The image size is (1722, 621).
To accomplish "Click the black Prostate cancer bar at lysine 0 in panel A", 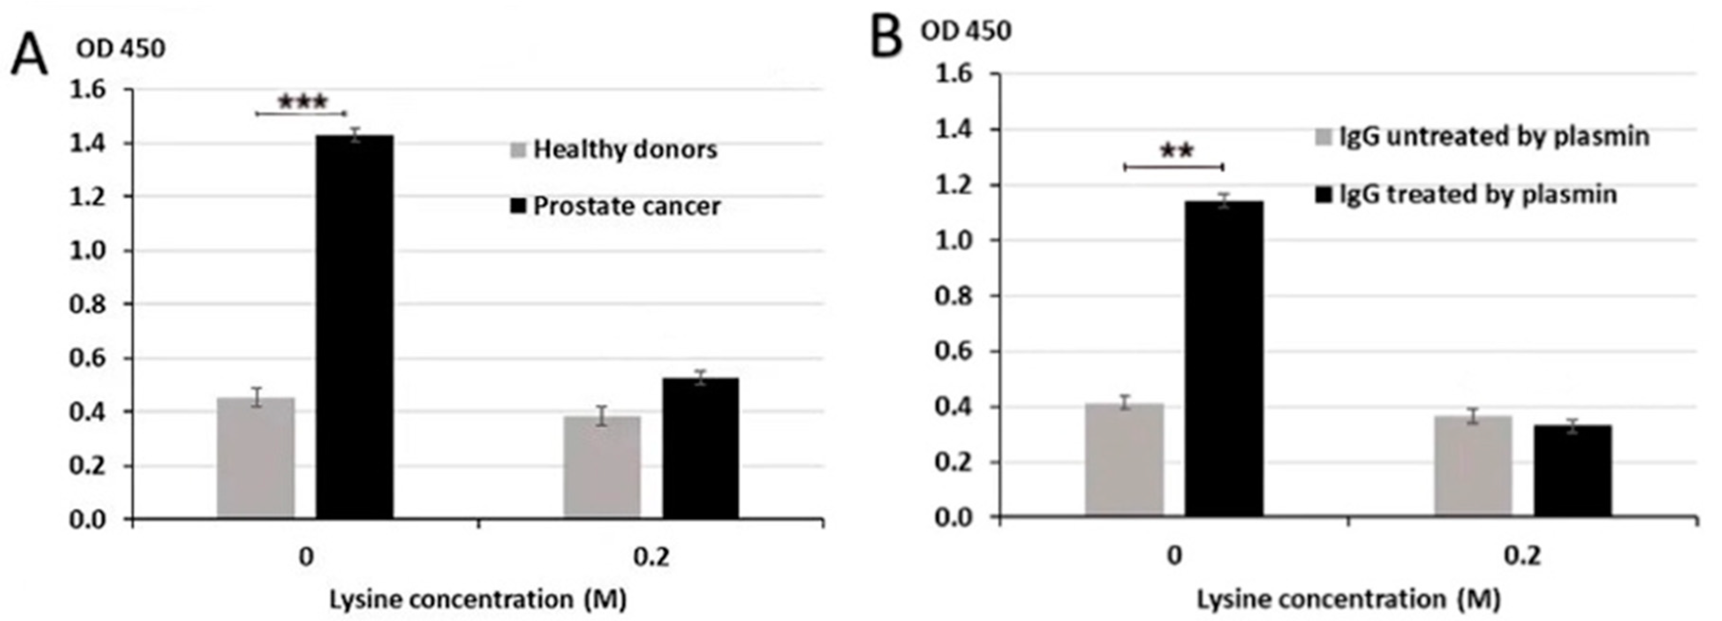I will [354, 328].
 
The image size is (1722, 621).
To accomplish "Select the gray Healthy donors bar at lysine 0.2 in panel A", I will [602, 468].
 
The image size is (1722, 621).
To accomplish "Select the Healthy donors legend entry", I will [614, 149].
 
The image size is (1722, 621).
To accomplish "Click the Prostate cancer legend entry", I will [615, 206].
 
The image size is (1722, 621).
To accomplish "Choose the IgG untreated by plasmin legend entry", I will [1483, 137].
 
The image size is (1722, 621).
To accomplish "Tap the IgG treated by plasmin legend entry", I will [1466, 195].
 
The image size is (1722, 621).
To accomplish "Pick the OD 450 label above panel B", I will [965, 31].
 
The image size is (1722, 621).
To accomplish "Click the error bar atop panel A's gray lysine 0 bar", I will [256, 397].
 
